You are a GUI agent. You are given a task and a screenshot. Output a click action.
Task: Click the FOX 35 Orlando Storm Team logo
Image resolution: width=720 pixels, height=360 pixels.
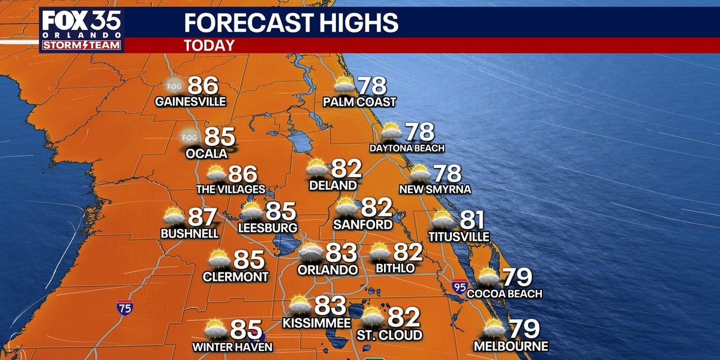click(81, 30)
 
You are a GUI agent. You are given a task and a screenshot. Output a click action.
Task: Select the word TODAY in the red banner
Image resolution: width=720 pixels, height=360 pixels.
click(209, 46)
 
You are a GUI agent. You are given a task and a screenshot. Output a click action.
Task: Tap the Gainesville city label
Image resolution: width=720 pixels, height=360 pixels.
click(190, 101)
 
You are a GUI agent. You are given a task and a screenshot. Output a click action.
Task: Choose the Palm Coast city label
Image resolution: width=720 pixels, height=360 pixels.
click(359, 102)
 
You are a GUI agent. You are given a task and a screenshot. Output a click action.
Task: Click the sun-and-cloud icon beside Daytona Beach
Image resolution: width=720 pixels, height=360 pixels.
click(391, 131)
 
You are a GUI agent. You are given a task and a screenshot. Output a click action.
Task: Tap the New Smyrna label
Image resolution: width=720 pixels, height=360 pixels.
click(435, 190)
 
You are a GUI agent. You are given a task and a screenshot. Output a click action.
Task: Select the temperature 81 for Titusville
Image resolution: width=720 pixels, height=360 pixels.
click(472, 221)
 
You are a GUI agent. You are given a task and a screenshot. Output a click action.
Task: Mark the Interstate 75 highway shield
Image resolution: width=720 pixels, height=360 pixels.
click(125, 307)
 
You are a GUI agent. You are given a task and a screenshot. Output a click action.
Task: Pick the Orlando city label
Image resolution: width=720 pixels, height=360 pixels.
click(328, 270)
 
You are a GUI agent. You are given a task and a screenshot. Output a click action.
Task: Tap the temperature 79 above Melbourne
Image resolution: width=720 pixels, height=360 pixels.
click(524, 329)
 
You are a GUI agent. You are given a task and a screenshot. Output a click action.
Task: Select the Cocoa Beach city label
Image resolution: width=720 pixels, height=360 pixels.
click(504, 293)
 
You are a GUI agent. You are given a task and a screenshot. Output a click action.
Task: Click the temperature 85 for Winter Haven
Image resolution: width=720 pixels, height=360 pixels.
click(247, 329)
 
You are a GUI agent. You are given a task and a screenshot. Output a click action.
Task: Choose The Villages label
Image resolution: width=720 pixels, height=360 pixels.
click(230, 190)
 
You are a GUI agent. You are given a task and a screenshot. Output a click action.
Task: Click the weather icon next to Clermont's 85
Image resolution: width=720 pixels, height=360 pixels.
click(219, 259)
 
